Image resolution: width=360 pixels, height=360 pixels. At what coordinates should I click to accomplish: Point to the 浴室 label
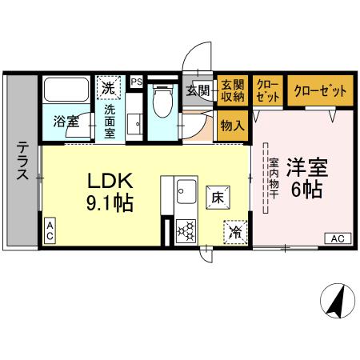click(x=66, y=122)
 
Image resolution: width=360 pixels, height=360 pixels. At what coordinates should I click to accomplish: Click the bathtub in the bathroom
click(x=66, y=90)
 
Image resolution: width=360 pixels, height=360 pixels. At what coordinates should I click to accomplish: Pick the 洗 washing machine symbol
click(x=106, y=86)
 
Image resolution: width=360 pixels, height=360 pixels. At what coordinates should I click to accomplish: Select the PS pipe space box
click(x=136, y=81)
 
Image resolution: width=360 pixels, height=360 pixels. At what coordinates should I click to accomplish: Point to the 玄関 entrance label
click(x=198, y=90)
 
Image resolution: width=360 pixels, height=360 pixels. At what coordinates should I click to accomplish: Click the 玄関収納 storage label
click(x=233, y=90)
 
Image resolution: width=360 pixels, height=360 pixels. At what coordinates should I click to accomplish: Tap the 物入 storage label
click(x=232, y=126)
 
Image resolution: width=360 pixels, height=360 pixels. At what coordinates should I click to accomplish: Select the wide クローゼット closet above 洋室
click(x=320, y=90)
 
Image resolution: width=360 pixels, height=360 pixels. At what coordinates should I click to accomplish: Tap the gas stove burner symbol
click(x=187, y=230)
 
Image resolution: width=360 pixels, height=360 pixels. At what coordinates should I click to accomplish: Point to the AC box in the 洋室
click(x=338, y=238)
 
